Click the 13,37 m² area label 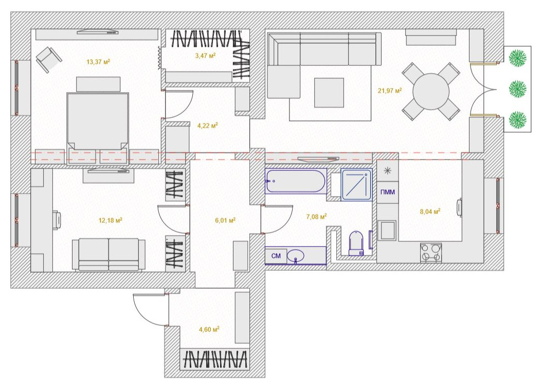98,62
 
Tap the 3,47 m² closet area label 205,56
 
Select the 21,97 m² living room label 390,91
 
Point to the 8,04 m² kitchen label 430,211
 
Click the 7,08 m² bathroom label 317,217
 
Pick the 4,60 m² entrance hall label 209,329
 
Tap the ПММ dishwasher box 388,192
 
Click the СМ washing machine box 276,256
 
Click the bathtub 295,181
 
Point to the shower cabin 356,185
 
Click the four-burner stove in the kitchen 431,253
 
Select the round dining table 431,92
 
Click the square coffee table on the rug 329,93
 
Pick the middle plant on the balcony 518,89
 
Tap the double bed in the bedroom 98,121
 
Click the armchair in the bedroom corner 49,60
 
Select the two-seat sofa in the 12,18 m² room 108,255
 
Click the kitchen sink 387,231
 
